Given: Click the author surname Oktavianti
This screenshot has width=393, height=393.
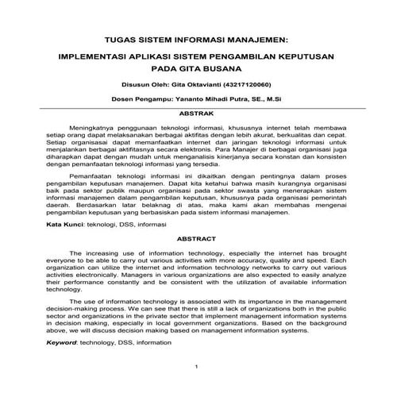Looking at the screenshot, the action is (191, 84).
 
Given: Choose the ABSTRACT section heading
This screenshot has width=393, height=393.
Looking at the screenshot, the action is (196, 239).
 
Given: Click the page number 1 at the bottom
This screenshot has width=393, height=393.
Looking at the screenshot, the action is (196, 366).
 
